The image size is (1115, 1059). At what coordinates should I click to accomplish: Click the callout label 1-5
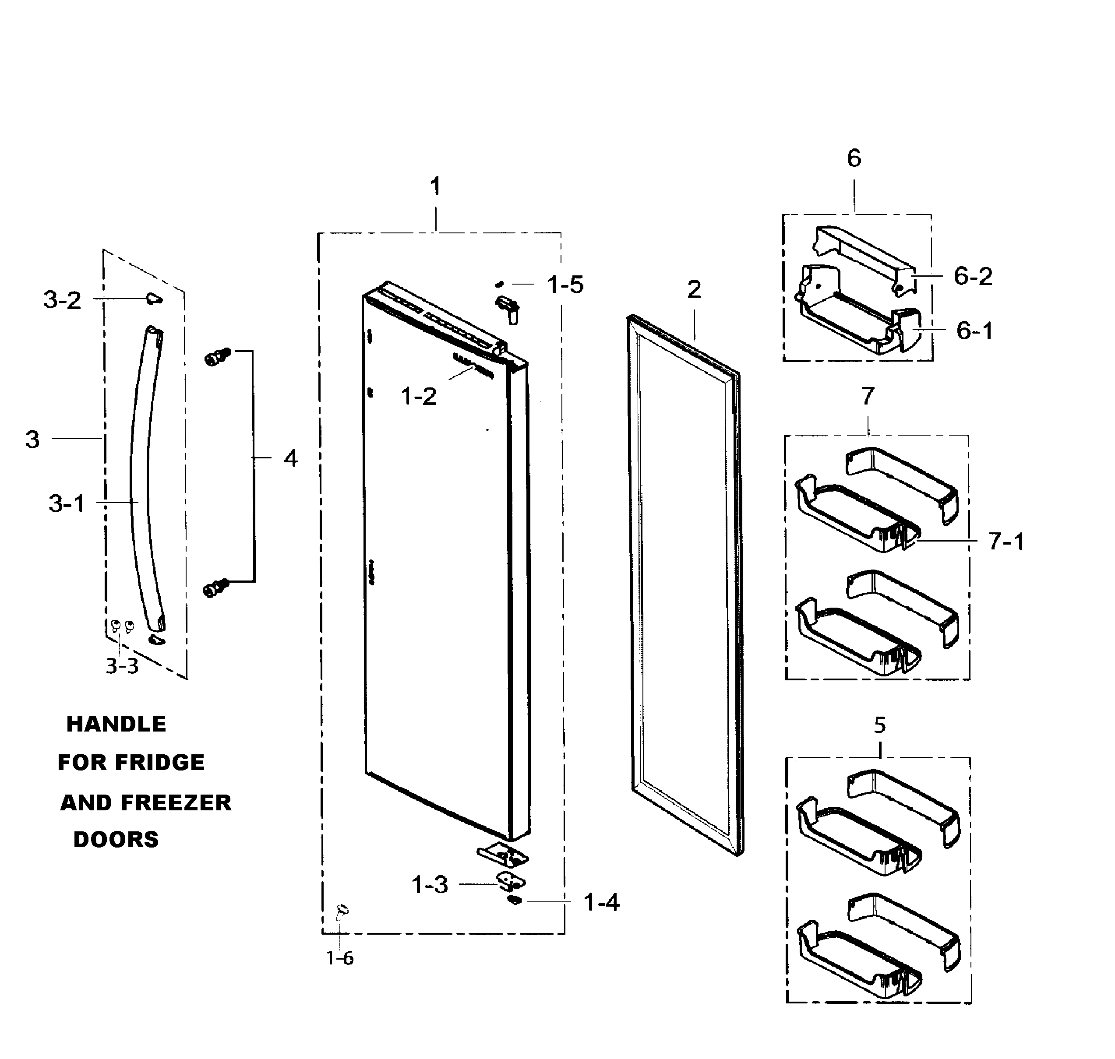point(565,285)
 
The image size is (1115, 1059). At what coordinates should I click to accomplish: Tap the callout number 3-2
point(62,300)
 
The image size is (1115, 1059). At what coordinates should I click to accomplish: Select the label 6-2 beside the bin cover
point(973,276)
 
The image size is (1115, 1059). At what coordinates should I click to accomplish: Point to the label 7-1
point(1006,542)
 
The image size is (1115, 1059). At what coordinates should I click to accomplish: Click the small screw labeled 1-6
point(342,910)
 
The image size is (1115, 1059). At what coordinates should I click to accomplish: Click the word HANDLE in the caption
point(116,724)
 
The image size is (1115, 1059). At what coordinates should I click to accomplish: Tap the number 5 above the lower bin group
point(879,725)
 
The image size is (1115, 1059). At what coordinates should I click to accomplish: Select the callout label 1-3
point(430,885)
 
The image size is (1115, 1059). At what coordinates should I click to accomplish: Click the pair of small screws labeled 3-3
point(122,626)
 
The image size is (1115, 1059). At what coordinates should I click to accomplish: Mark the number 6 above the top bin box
point(854,158)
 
